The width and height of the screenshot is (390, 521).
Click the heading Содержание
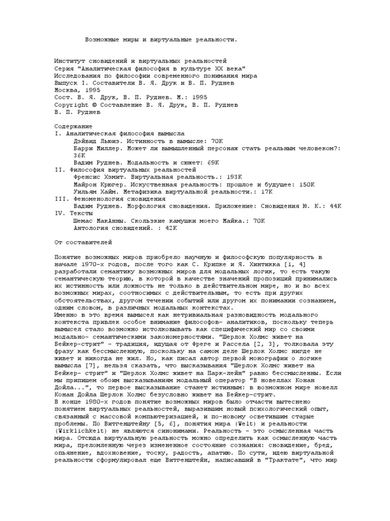(x=73, y=126)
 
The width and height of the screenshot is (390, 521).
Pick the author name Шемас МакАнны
(x=101, y=221)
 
